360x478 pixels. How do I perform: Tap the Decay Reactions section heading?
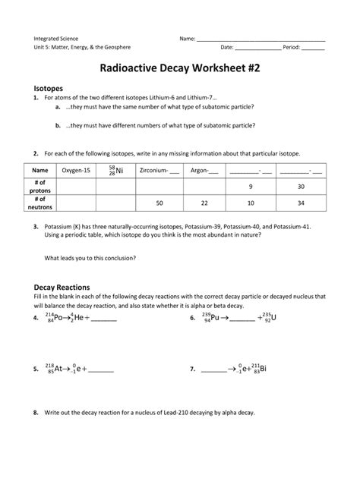pyautogui.click(x=62, y=288)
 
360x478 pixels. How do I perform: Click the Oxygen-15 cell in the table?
pyautogui.click(x=76, y=171)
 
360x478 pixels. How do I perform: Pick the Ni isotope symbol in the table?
pyautogui.click(x=115, y=171)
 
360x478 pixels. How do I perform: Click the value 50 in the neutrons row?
pyautogui.click(x=159, y=203)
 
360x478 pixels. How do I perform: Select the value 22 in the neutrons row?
pyautogui.click(x=204, y=203)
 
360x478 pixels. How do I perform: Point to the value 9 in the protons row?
pyautogui.click(x=251, y=187)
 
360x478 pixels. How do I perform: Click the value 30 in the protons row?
pyautogui.click(x=301, y=187)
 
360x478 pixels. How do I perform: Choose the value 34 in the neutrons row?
pyautogui.click(x=301, y=203)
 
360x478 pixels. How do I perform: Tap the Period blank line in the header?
pyautogui.click(x=313, y=48)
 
